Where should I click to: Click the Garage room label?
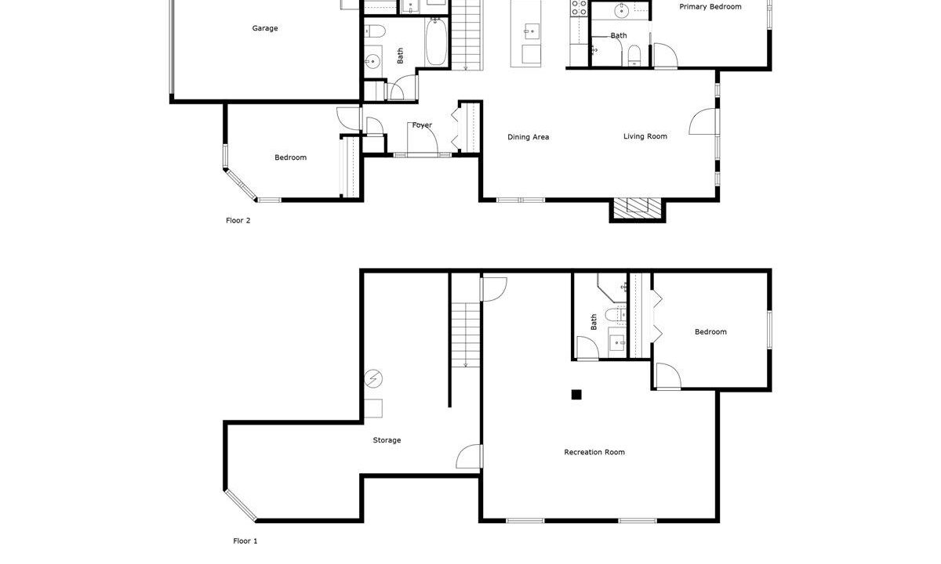265,28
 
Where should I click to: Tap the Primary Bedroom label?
710,7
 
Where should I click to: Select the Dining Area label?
528,137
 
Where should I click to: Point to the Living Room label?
645,136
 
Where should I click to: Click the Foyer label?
422,125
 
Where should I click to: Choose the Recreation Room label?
594,452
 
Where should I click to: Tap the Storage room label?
387,440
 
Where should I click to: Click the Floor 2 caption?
238,220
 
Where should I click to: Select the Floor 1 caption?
245,541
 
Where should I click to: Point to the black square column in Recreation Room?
576,395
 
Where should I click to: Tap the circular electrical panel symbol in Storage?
373,378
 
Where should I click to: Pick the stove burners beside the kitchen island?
579,8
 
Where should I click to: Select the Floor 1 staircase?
466,334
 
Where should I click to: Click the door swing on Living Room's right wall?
703,121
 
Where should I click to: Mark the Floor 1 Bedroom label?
710,332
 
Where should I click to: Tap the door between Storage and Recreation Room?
469,457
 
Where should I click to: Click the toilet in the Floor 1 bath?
616,314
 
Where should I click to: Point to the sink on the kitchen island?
532,31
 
